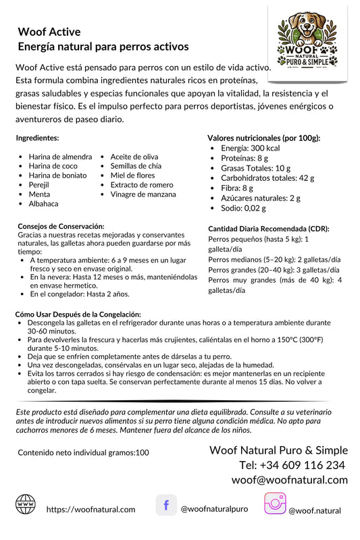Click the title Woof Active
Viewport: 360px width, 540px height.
(x=49, y=32)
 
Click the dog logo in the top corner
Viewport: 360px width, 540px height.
(x=308, y=40)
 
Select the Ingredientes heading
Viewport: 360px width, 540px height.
(x=38, y=138)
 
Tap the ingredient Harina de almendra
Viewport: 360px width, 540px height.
(x=59, y=157)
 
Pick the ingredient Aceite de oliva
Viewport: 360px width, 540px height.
(x=134, y=157)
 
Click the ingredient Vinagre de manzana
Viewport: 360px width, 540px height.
(x=143, y=194)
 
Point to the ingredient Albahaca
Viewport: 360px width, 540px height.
(x=43, y=203)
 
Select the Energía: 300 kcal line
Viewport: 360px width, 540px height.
(x=250, y=148)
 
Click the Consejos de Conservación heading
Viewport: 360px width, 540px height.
(x=61, y=225)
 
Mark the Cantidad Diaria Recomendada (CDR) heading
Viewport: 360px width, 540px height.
(x=268, y=229)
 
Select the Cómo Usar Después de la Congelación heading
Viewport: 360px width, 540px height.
(x=78, y=315)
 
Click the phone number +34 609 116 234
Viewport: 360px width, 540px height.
(x=292, y=465)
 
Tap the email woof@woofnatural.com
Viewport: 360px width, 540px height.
(x=289, y=480)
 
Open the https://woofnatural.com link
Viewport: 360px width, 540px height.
(x=91, y=510)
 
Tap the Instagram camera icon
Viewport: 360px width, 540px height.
(x=274, y=505)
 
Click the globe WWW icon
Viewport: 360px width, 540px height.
(x=26, y=504)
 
